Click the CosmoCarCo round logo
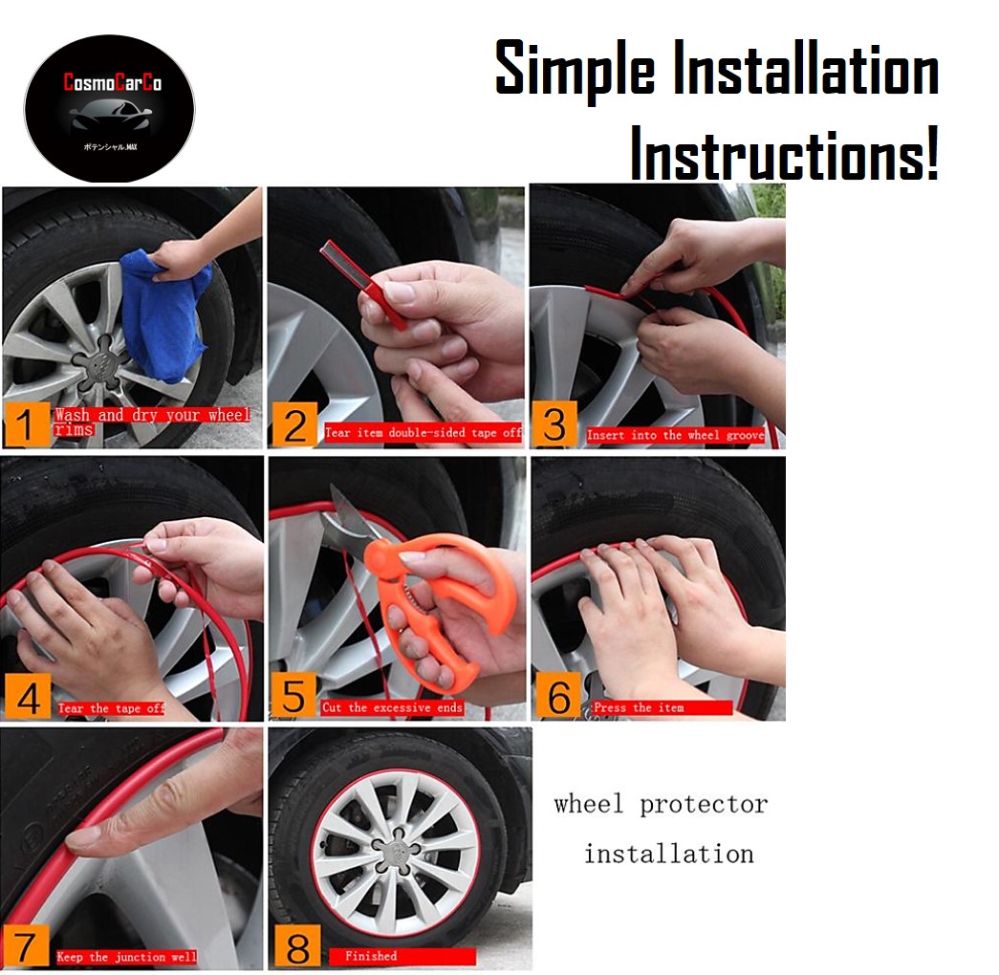pyautogui.click(x=108, y=108)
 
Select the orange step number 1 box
pyautogui.click(x=26, y=423)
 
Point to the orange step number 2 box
pyautogui.click(x=293, y=424)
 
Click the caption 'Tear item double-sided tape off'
pyautogui.click(x=423, y=433)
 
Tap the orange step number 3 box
pyautogui.click(x=554, y=424)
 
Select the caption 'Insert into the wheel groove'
pyautogui.click(x=676, y=435)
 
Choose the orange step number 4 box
pyautogui.click(x=28, y=699)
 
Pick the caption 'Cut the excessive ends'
pyautogui.click(x=392, y=707)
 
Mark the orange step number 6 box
pyautogui.click(x=558, y=698)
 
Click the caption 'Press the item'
pyautogui.click(x=660, y=707)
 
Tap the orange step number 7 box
pyautogui.click(x=26, y=946)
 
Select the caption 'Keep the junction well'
pyautogui.click(x=126, y=956)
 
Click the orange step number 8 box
pyautogui.click(x=296, y=948)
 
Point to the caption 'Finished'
pyautogui.click(x=402, y=956)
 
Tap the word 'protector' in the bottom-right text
pyautogui.click(x=704, y=805)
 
